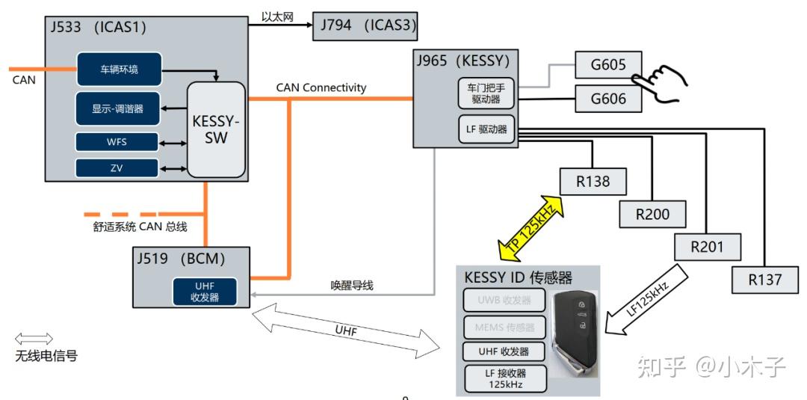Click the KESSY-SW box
216,129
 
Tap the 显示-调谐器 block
117,109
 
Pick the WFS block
117,142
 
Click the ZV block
117,167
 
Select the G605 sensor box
608,64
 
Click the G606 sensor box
608,98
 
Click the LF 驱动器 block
486,129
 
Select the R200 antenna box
653,214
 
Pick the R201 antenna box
708,246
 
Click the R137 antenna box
765,280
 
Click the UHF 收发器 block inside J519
204,292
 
